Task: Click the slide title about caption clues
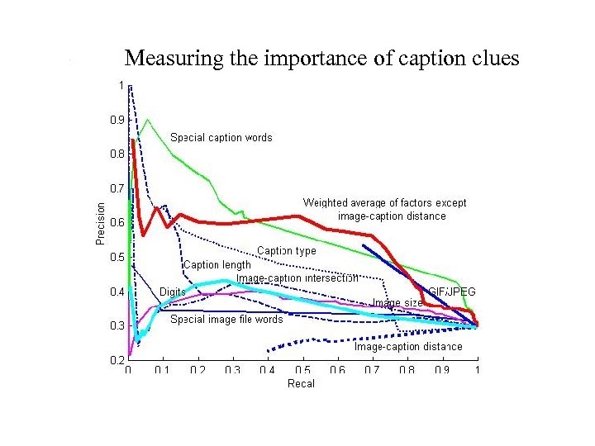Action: point(321,59)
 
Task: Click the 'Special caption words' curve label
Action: point(221,137)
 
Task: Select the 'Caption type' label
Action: point(286,250)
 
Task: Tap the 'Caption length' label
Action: point(217,265)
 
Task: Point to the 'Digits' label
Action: point(172,292)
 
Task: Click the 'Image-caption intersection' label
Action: point(297,278)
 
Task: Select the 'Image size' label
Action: point(397,303)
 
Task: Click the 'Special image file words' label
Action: point(226,319)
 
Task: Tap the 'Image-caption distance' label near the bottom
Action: point(408,347)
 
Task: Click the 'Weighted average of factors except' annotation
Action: point(384,203)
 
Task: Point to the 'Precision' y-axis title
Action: point(101,223)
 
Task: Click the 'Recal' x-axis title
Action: point(301,384)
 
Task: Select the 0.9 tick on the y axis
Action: point(118,119)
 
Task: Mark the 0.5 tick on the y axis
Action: point(118,257)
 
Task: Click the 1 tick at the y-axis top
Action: point(121,84)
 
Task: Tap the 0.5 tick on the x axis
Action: point(302,371)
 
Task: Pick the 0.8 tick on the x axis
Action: point(407,371)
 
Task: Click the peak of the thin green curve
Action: point(147,120)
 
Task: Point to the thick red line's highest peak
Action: point(133,140)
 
